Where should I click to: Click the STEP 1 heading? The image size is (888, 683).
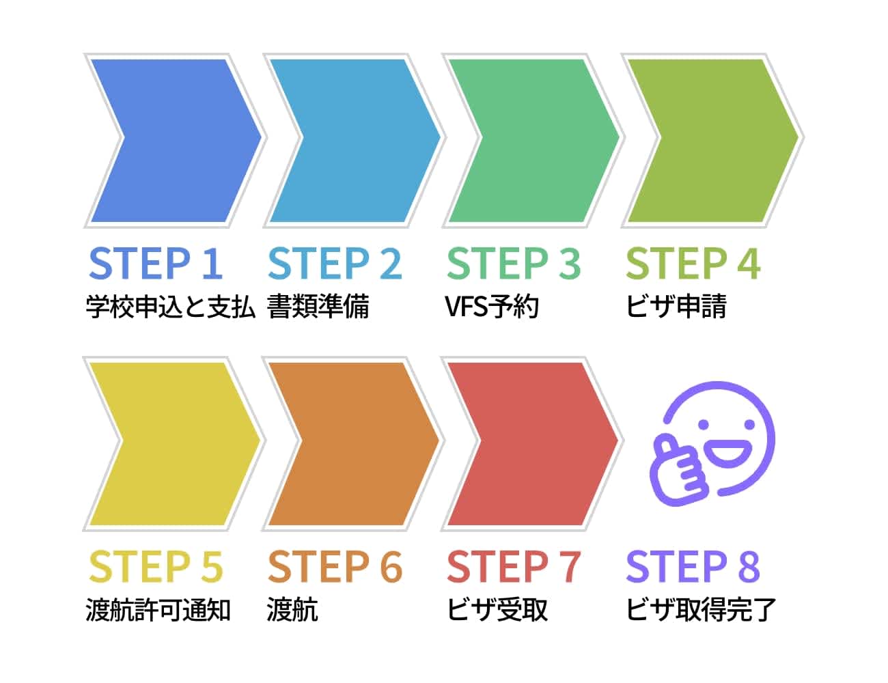click(x=156, y=264)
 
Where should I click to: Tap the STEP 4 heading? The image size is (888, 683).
click(x=693, y=264)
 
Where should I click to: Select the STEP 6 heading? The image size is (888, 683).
click(x=335, y=567)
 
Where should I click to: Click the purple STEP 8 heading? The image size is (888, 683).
click(x=693, y=567)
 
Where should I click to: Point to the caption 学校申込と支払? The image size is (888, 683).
click(x=171, y=307)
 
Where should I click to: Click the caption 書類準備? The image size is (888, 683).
click(x=318, y=307)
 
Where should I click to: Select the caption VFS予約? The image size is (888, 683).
click(x=492, y=307)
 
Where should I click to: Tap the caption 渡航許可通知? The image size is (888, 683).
click(x=158, y=610)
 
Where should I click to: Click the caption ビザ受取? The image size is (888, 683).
click(x=497, y=610)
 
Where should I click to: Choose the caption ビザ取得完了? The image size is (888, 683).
click(x=702, y=610)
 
